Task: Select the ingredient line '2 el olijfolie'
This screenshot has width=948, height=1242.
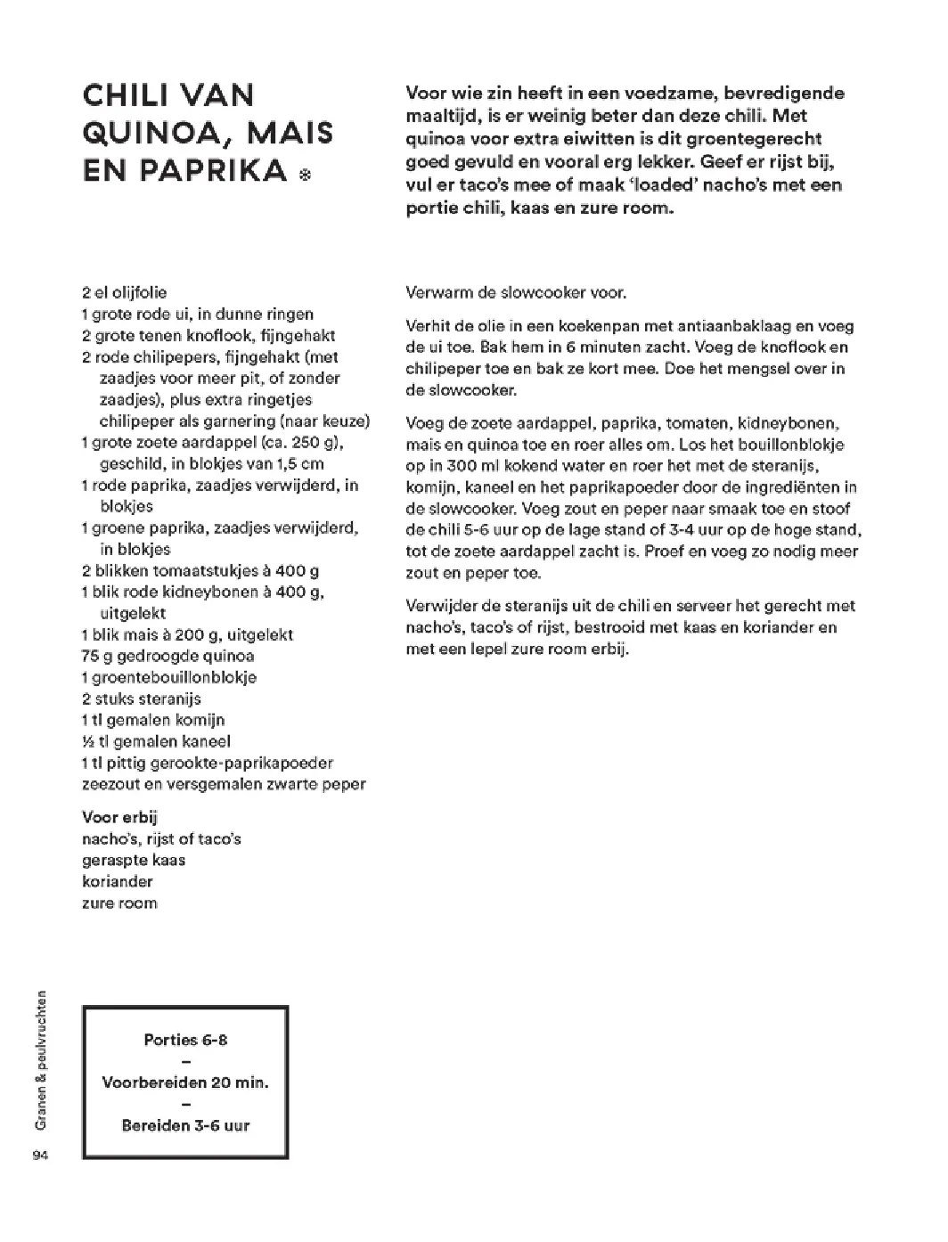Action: tap(124, 292)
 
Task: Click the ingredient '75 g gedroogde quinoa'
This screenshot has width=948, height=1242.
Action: tap(168, 656)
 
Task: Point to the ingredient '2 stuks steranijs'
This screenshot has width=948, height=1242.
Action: tap(141, 699)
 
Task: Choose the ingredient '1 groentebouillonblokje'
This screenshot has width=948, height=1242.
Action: tap(168, 677)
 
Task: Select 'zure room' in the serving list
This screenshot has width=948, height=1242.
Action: tap(118, 903)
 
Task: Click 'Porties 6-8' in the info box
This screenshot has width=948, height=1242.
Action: tap(185, 1040)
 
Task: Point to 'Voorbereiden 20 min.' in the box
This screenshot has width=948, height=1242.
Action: tap(185, 1083)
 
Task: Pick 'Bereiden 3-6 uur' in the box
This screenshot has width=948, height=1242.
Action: tap(185, 1125)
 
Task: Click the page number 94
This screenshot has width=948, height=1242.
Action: tap(38, 1156)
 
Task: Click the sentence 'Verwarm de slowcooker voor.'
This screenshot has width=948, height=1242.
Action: tap(516, 292)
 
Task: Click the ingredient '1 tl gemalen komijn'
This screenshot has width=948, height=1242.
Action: tap(152, 720)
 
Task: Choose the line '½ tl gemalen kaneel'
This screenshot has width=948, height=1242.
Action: tap(156, 741)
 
